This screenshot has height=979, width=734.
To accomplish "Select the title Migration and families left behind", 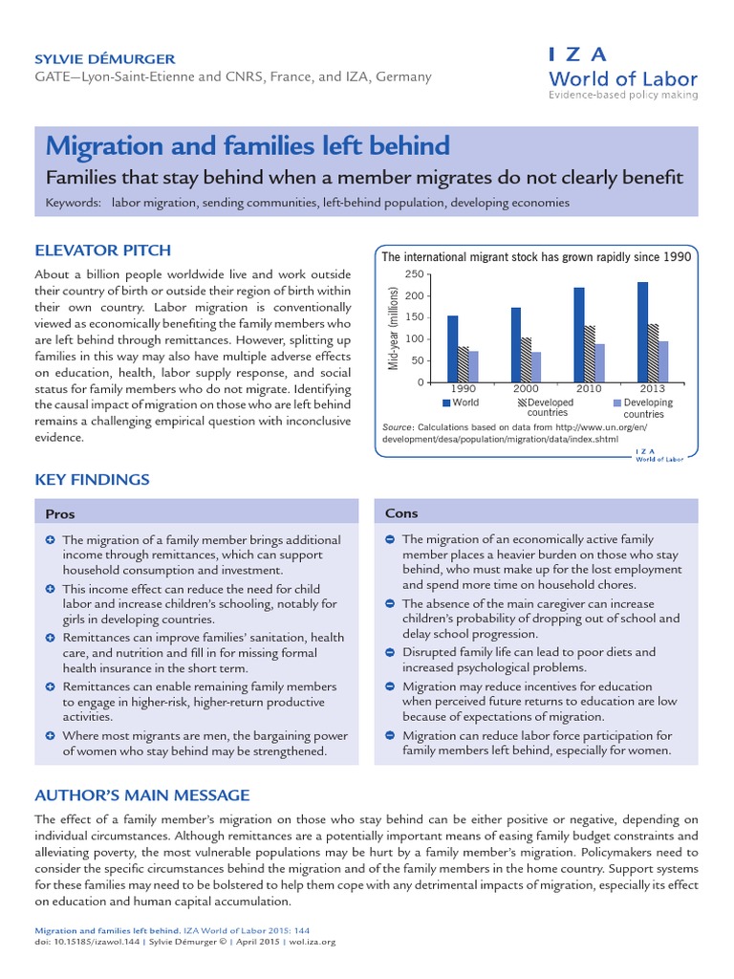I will pos(248,146).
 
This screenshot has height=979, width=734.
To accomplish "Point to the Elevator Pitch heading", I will pos(102,250).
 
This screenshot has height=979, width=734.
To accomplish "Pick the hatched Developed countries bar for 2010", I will pos(590,354).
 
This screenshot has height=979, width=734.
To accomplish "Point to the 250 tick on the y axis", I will pos(414,274).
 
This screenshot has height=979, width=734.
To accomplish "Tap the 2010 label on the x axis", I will pos(590,390).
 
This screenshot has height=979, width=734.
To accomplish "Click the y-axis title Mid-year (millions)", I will pos(392,328).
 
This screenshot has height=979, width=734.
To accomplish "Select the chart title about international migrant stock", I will pos(536,257).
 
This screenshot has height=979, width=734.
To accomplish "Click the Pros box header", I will pos(61,514).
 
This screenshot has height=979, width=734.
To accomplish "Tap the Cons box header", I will pos(401,513).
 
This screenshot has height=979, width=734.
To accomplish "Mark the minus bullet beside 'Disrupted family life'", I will pos(390,652).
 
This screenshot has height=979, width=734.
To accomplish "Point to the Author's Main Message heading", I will pos(142,795).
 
